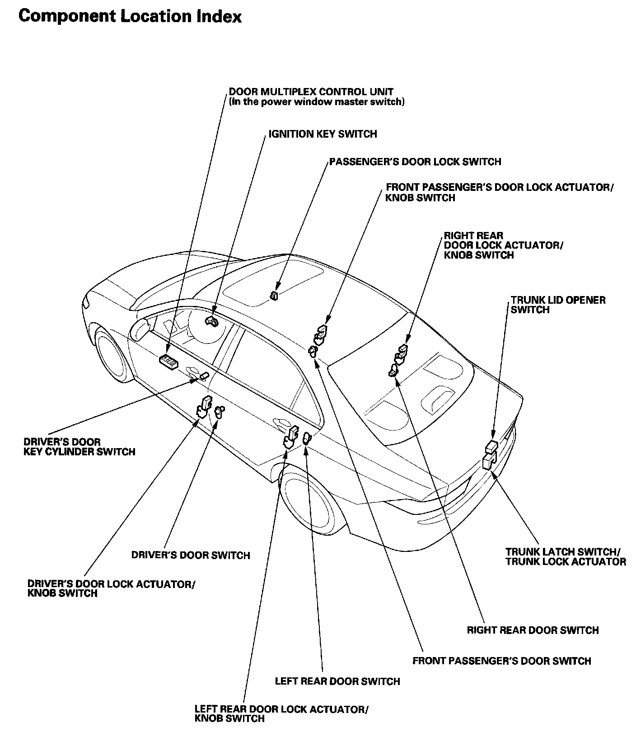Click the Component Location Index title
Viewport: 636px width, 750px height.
130,17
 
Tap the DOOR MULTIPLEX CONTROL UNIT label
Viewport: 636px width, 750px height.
311,92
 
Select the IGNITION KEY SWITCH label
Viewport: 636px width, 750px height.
323,134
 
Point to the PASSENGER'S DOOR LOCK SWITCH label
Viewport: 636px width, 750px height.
415,162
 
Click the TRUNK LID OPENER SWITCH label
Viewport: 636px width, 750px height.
558,305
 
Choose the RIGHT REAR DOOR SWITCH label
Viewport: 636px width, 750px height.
533,630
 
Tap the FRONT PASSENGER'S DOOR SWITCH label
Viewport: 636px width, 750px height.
502,661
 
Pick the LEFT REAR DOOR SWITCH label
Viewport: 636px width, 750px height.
337,681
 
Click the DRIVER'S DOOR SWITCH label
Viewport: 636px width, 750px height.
191,555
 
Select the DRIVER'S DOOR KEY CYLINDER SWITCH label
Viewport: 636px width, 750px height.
79,447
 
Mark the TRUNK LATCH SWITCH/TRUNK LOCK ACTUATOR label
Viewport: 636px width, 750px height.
566,556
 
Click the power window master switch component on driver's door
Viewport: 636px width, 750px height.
168,360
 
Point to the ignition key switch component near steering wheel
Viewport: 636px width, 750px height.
211,321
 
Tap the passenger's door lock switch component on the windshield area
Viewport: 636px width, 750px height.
274,296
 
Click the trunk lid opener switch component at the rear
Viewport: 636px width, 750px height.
491,447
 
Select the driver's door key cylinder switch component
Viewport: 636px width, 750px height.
204,376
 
